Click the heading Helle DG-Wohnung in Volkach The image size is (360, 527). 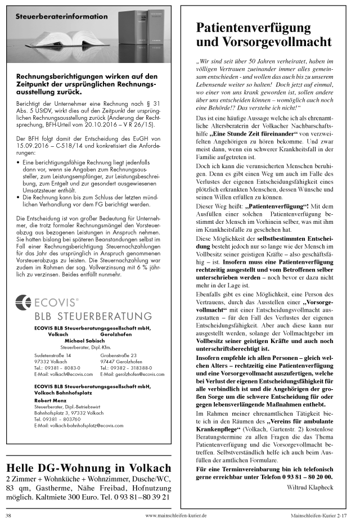[88, 469]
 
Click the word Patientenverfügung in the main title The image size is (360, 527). [253, 28]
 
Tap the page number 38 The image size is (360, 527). [8, 515]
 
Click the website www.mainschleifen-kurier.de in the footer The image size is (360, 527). [176, 515]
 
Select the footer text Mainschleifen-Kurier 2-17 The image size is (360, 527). [322, 515]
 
